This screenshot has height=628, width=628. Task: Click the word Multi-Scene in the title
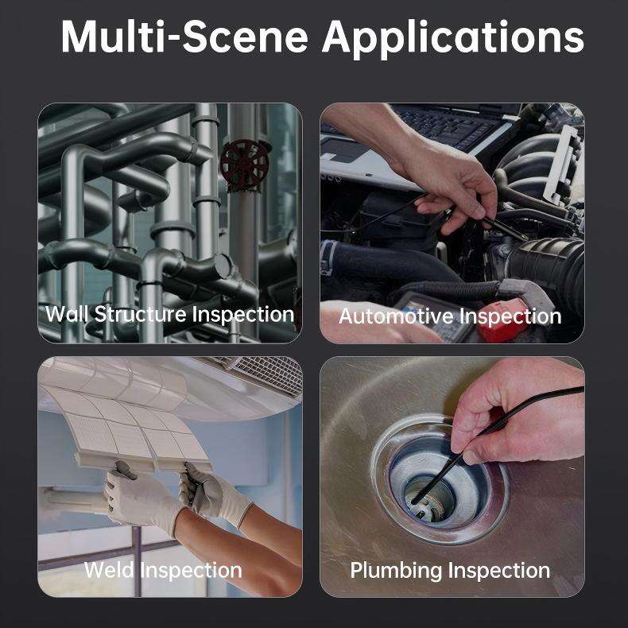(x=184, y=37)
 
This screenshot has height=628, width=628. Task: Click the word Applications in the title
(x=453, y=39)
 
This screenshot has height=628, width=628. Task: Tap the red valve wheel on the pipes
(x=244, y=165)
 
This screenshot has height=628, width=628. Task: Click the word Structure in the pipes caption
(x=140, y=315)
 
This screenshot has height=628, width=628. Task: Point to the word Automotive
(x=397, y=316)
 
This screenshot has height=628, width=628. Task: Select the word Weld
(x=109, y=570)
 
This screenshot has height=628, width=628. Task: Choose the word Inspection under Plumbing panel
(x=499, y=571)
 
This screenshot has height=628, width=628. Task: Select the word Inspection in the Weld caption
(x=191, y=571)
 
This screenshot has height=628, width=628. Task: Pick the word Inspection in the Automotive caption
(x=510, y=316)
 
